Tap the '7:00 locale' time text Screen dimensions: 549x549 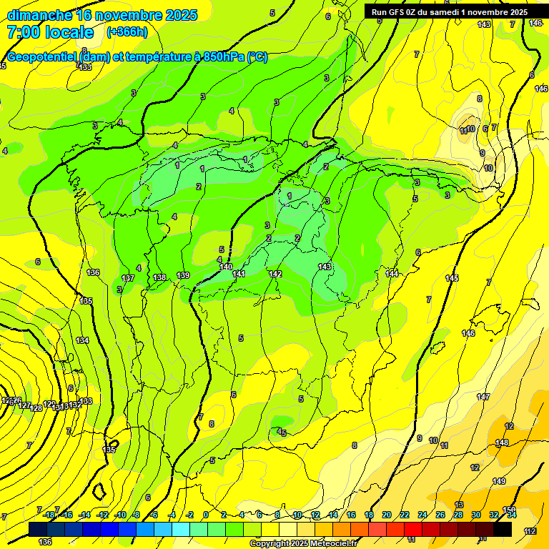[50, 32]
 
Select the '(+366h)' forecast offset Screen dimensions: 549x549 [127, 32]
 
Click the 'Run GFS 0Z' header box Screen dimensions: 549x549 [447, 12]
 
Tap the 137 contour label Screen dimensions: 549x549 [128, 278]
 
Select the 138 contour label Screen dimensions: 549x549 [160, 277]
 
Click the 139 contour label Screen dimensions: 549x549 [184, 275]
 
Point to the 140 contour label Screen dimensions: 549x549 [226, 267]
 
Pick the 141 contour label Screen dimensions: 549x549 [239, 274]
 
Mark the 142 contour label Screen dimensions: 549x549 [276, 274]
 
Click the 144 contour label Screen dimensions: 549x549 [392, 274]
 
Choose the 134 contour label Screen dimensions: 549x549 [83, 340]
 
